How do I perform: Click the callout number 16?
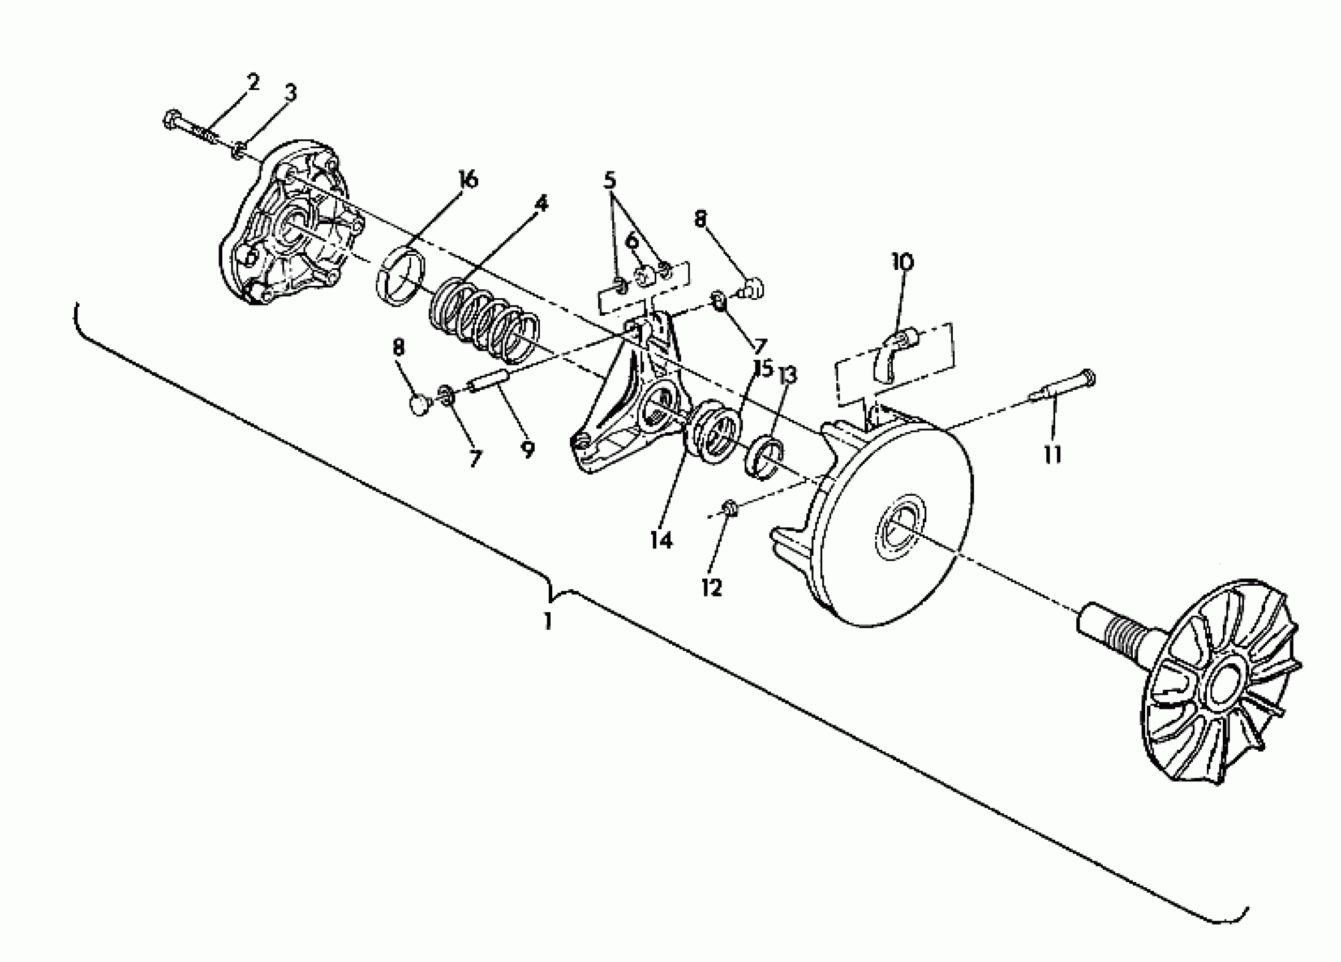468,179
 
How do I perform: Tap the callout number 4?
540,203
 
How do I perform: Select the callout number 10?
903,261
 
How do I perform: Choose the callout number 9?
528,450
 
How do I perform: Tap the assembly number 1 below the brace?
548,621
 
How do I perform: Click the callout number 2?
252,82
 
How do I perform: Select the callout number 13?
788,375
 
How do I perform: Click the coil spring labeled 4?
483,320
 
